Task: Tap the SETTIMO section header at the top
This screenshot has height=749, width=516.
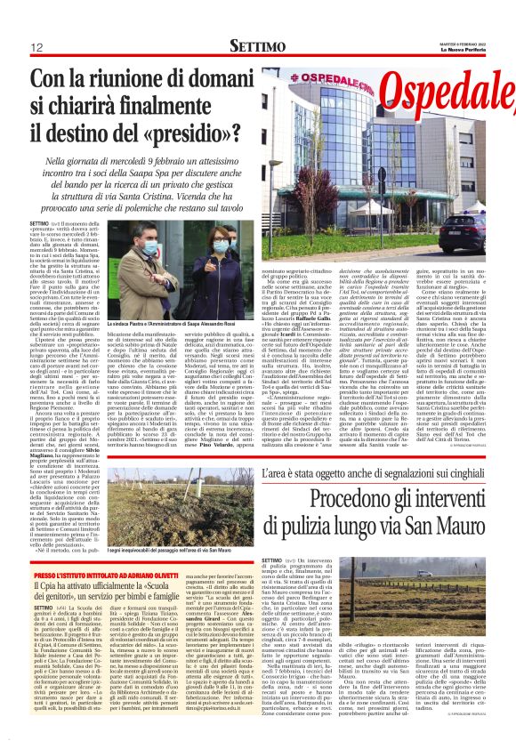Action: point(257,45)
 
